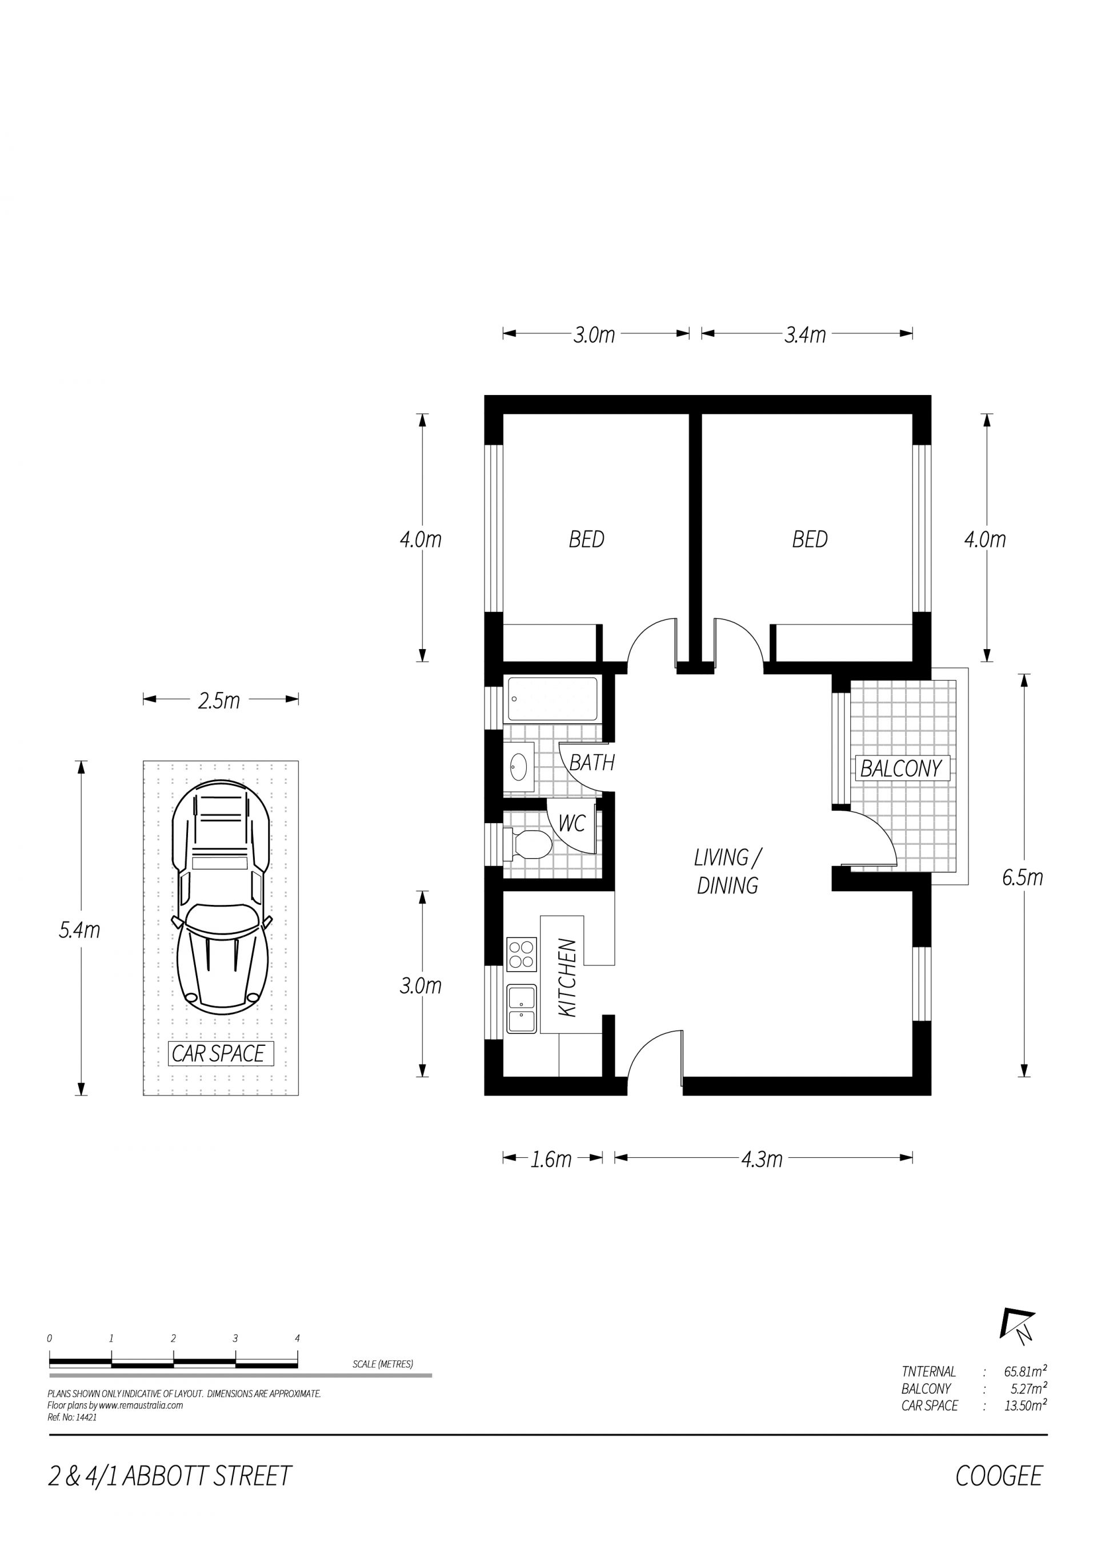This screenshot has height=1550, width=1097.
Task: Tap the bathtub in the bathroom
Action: coord(552,699)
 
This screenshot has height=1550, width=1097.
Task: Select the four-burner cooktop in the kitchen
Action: coord(522,954)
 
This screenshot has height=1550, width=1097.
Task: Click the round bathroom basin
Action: coord(519,767)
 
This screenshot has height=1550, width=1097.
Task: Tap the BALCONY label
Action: coord(901,768)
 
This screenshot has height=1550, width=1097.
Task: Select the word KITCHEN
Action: coord(567,977)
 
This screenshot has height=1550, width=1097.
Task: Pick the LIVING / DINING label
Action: coord(727,872)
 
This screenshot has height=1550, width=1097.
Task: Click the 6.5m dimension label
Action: coord(1023,877)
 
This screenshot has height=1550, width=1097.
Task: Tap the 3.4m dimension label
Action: coord(805,335)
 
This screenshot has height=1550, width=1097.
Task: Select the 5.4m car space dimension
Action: coord(80,930)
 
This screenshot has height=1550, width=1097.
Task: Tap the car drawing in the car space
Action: coord(222,896)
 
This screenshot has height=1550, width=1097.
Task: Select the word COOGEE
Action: coord(999,1476)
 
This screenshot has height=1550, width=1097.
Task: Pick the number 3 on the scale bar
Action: coord(235,1338)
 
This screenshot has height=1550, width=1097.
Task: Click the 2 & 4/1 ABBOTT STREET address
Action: coord(170,1476)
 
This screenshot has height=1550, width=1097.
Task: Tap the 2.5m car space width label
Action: coord(219,700)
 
